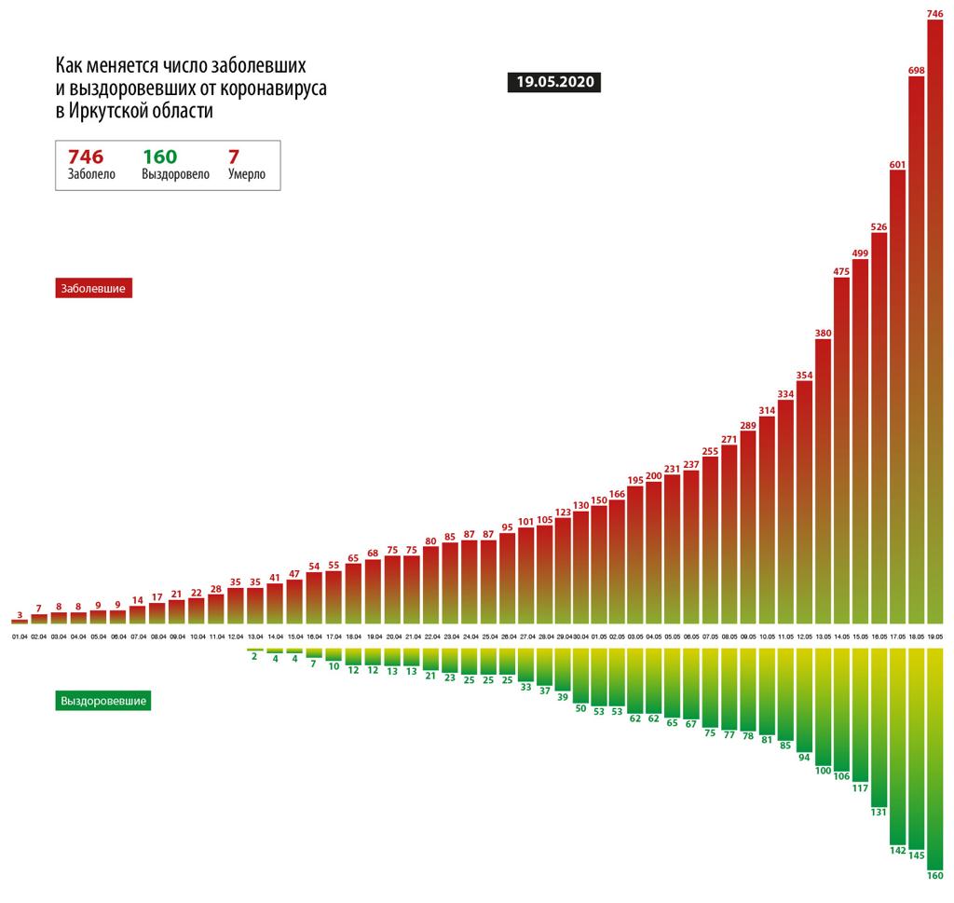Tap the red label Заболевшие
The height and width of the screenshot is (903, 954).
point(96,289)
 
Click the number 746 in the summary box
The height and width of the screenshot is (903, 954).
point(86,157)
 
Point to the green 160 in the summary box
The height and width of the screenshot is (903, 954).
point(159,157)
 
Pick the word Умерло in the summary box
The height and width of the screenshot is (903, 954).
point(247,174)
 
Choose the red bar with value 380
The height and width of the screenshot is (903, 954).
point(823,481)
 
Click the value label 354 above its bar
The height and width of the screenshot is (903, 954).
point(804,376)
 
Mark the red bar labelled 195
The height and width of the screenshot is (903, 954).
point(635,554)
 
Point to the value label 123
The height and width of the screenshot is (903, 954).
point(563,512)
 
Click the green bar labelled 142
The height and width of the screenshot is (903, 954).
point(897,745)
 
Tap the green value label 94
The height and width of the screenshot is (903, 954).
point(804,757)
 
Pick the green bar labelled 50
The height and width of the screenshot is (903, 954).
point(581,675)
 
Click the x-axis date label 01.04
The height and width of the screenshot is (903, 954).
point(20,637)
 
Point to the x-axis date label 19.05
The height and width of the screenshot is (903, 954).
point(934,637)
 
